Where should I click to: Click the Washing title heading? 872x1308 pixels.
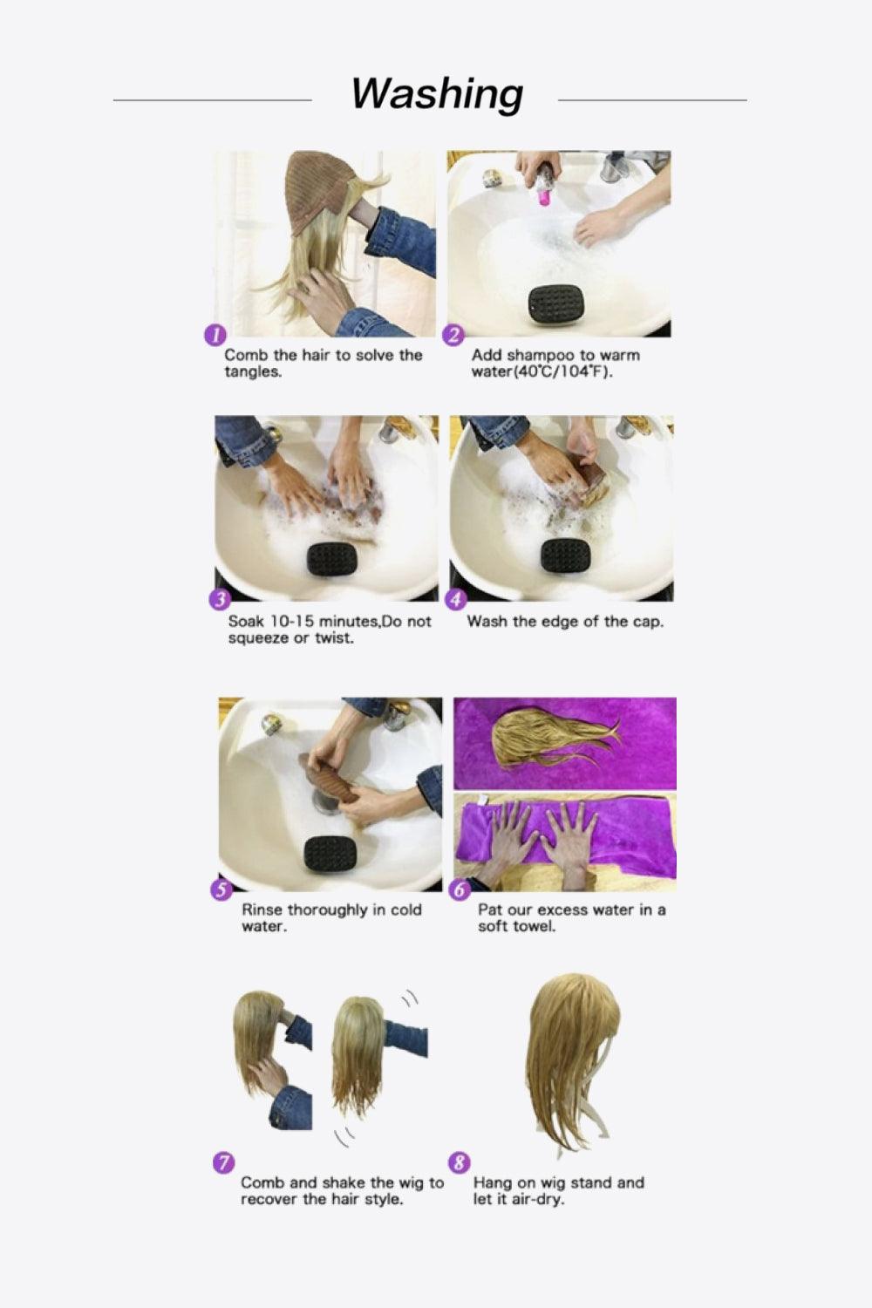[x=437, y=94]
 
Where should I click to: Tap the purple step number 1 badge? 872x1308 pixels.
[x=214, y=335]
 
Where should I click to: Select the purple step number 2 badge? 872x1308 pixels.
[x=453, y=335]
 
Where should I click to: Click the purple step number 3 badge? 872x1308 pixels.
[x=219, y=600]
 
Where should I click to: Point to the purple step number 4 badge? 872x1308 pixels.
[x=455, y=600]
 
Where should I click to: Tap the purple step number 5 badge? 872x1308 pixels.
[x=221, y=889]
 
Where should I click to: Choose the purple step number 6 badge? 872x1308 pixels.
[x=460, y=889]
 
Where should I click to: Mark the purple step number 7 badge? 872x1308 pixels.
[x=224, y=1162]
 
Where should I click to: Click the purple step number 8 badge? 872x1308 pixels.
[x=459, y=1162]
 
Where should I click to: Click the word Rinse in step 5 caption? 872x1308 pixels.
[x=262, y=910]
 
